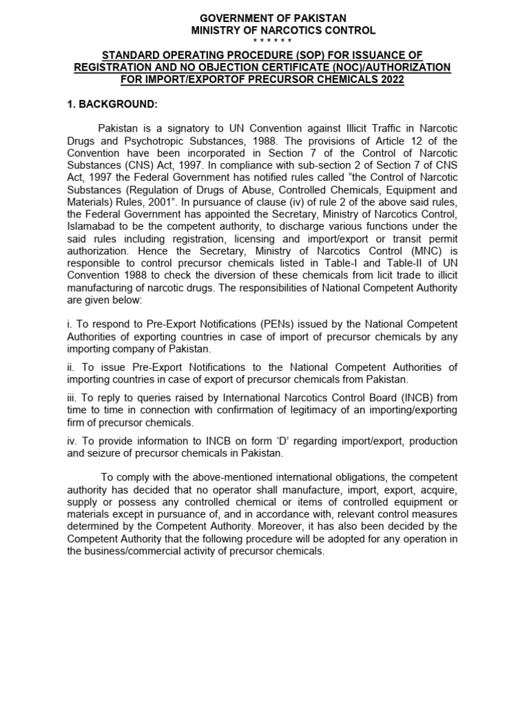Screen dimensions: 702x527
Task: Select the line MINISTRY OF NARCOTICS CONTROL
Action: click(x=283, y=30)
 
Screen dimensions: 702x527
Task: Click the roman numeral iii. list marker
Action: click(x=72, y=398)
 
